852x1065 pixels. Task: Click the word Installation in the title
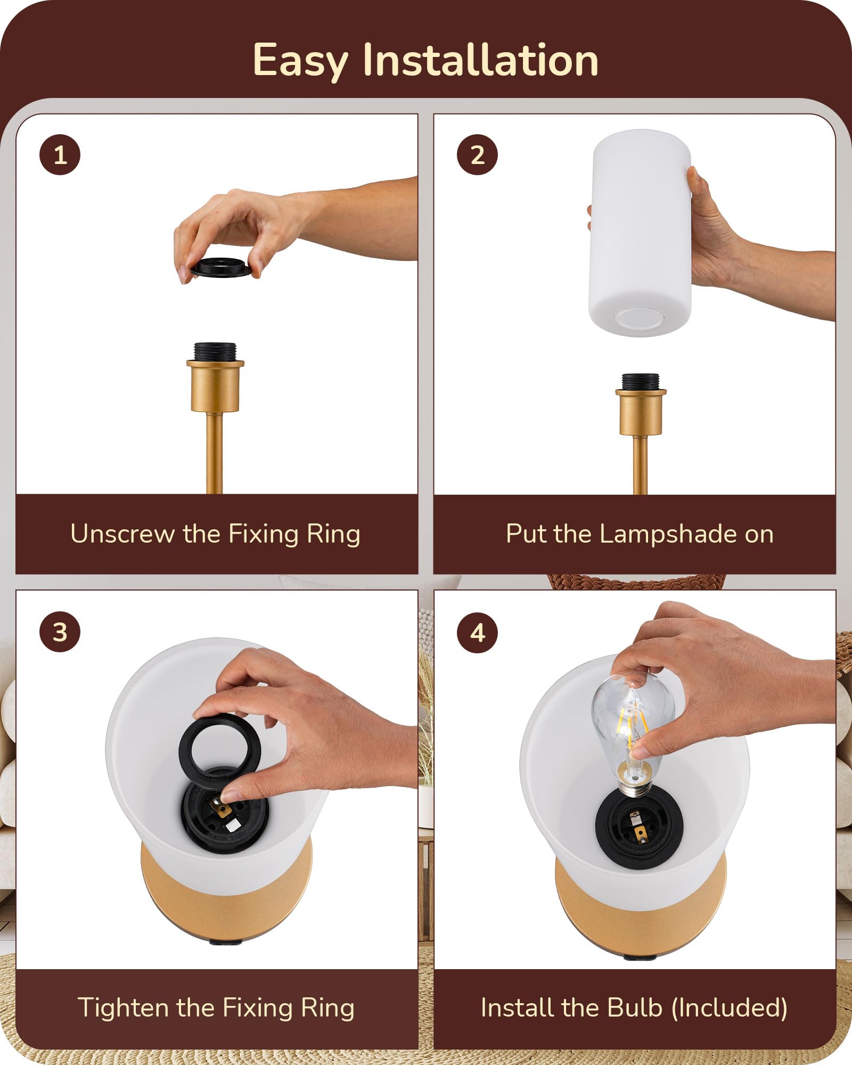[480, 60]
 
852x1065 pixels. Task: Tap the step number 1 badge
[60, 154]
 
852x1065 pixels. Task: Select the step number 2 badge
[478, 154]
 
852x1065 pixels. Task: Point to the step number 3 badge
[60, 632]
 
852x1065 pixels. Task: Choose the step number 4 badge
[478, 632]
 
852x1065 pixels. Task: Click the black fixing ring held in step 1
[221, 268]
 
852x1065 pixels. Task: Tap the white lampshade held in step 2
[640, 233]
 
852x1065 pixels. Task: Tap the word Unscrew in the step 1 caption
[122, 534]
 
